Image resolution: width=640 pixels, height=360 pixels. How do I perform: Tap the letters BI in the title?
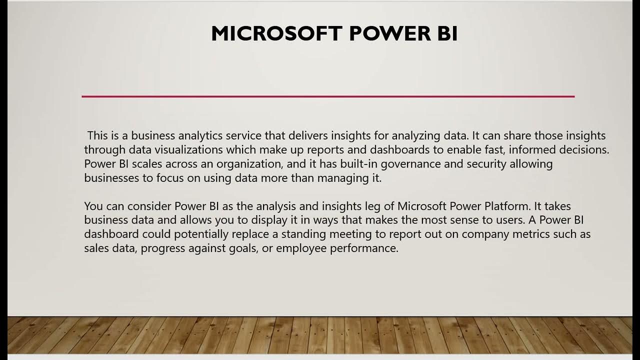[x=444, y=33]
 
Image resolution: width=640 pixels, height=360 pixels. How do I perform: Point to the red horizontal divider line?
[x=328, y=96]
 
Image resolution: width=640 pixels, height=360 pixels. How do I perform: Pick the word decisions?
[x=583, y=150]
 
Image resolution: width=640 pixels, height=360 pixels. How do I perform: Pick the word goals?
[x=237, y=248]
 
